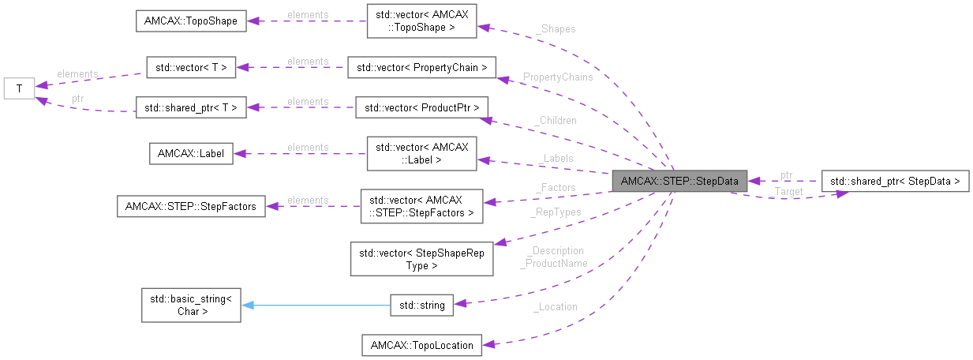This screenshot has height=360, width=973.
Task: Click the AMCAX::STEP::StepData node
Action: coord(679,181)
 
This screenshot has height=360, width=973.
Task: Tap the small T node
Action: coord(18,88)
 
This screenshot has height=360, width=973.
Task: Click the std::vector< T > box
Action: coord(191,68)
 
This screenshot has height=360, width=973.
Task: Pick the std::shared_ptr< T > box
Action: coord(191,108)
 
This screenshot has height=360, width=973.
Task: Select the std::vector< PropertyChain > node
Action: coord(421,68)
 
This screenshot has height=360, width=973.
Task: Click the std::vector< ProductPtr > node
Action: coord(421,108)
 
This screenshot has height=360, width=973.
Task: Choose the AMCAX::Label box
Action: coord(191,153)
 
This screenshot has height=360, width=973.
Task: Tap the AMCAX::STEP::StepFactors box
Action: coord(190,207)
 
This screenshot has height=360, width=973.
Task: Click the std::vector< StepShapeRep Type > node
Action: coord(421,259)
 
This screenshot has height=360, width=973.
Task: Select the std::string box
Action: coord(422,305)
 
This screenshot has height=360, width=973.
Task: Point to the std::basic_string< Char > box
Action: coord(191,305)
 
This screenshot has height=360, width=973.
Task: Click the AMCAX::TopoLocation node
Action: coord(421,345)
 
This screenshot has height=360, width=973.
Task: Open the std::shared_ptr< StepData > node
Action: coord(895,181)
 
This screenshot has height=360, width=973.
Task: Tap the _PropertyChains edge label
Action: coord(557,77)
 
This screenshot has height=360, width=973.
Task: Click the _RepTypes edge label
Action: coord(555,212)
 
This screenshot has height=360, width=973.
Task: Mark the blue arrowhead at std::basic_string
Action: coord(247,305)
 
